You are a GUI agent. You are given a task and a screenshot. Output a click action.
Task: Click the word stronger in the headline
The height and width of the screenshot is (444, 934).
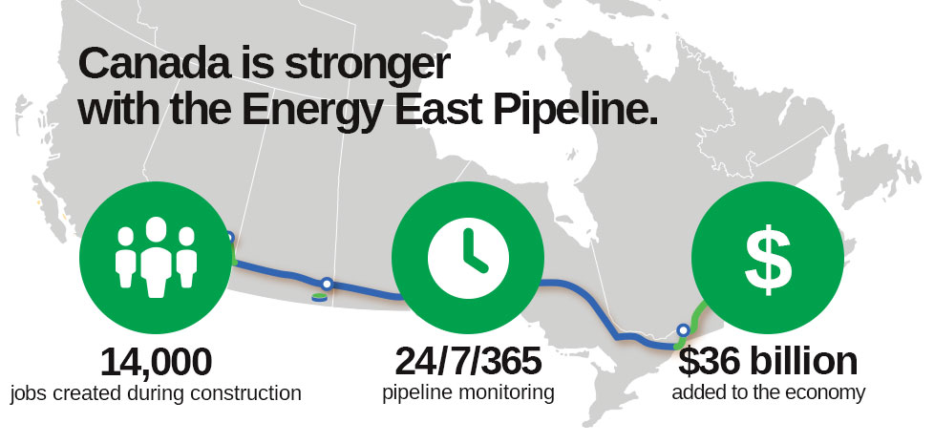point(367,66)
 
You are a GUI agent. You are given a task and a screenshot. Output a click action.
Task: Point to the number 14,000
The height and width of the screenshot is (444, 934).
point(156,362)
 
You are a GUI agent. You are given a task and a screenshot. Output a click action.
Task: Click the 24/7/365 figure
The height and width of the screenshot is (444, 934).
point(468,361)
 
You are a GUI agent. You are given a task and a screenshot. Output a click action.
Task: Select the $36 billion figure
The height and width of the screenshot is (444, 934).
point(768,361)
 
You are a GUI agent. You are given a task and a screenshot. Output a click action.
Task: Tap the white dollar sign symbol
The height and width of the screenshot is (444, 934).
point(768,259)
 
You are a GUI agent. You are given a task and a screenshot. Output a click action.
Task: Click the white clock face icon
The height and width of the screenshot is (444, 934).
point(468,257)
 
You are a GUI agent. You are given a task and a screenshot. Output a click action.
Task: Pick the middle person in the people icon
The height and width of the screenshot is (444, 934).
point(156,257)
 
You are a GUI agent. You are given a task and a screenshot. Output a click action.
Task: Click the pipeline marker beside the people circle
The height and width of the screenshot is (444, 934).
point(230,238)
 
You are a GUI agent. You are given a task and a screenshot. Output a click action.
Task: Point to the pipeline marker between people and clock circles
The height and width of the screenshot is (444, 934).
point(327,284)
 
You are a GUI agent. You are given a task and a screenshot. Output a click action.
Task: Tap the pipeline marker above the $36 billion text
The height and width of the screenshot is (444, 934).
point(683,329)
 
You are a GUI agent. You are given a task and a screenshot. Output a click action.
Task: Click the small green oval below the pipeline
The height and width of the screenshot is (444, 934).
point(319,297)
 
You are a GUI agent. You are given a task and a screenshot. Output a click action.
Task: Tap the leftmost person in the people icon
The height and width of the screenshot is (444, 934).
point(126,258)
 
